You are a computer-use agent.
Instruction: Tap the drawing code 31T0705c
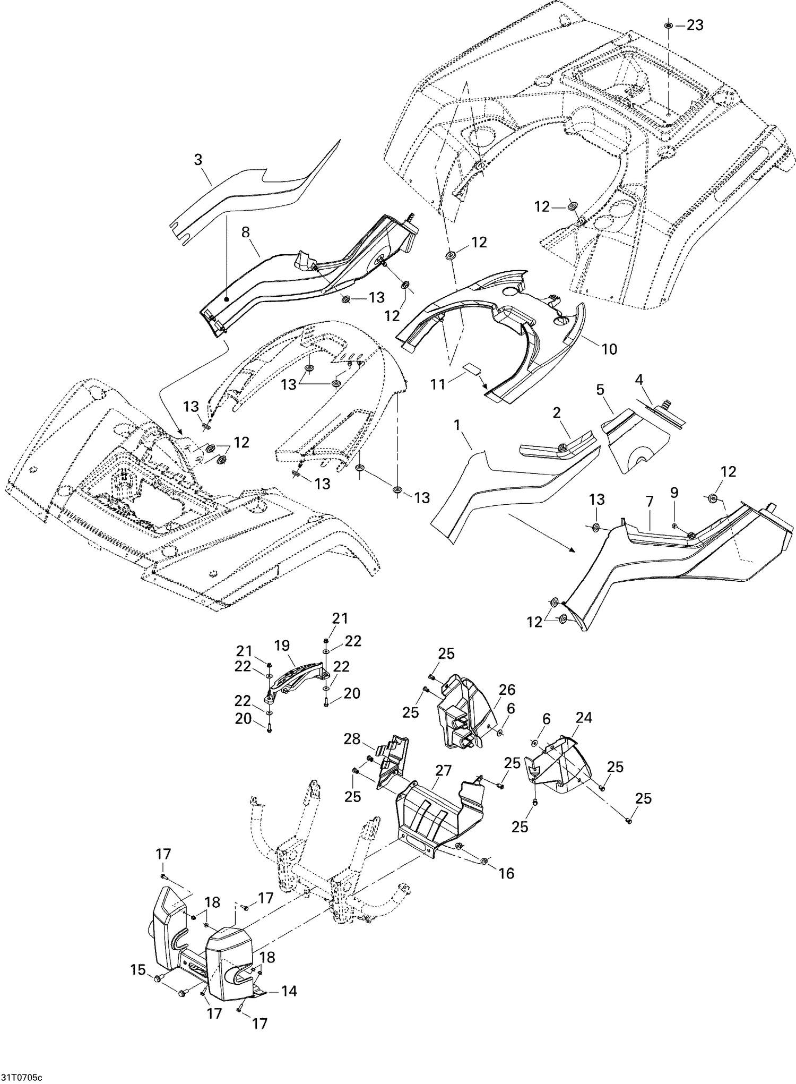(21, 1077)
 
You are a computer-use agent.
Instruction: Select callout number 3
(198, 159)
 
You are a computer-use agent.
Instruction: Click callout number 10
(610, 349)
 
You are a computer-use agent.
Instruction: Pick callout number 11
(438, 383)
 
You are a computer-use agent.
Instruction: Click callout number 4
(639, 380)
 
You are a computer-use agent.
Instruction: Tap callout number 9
(674, 493)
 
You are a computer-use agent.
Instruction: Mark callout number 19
(282, 646)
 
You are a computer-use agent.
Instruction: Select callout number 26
(507, 690)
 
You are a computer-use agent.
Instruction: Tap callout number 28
(352, 738)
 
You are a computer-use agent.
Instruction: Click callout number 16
(506, 873)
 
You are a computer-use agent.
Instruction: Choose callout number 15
(138, 970)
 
